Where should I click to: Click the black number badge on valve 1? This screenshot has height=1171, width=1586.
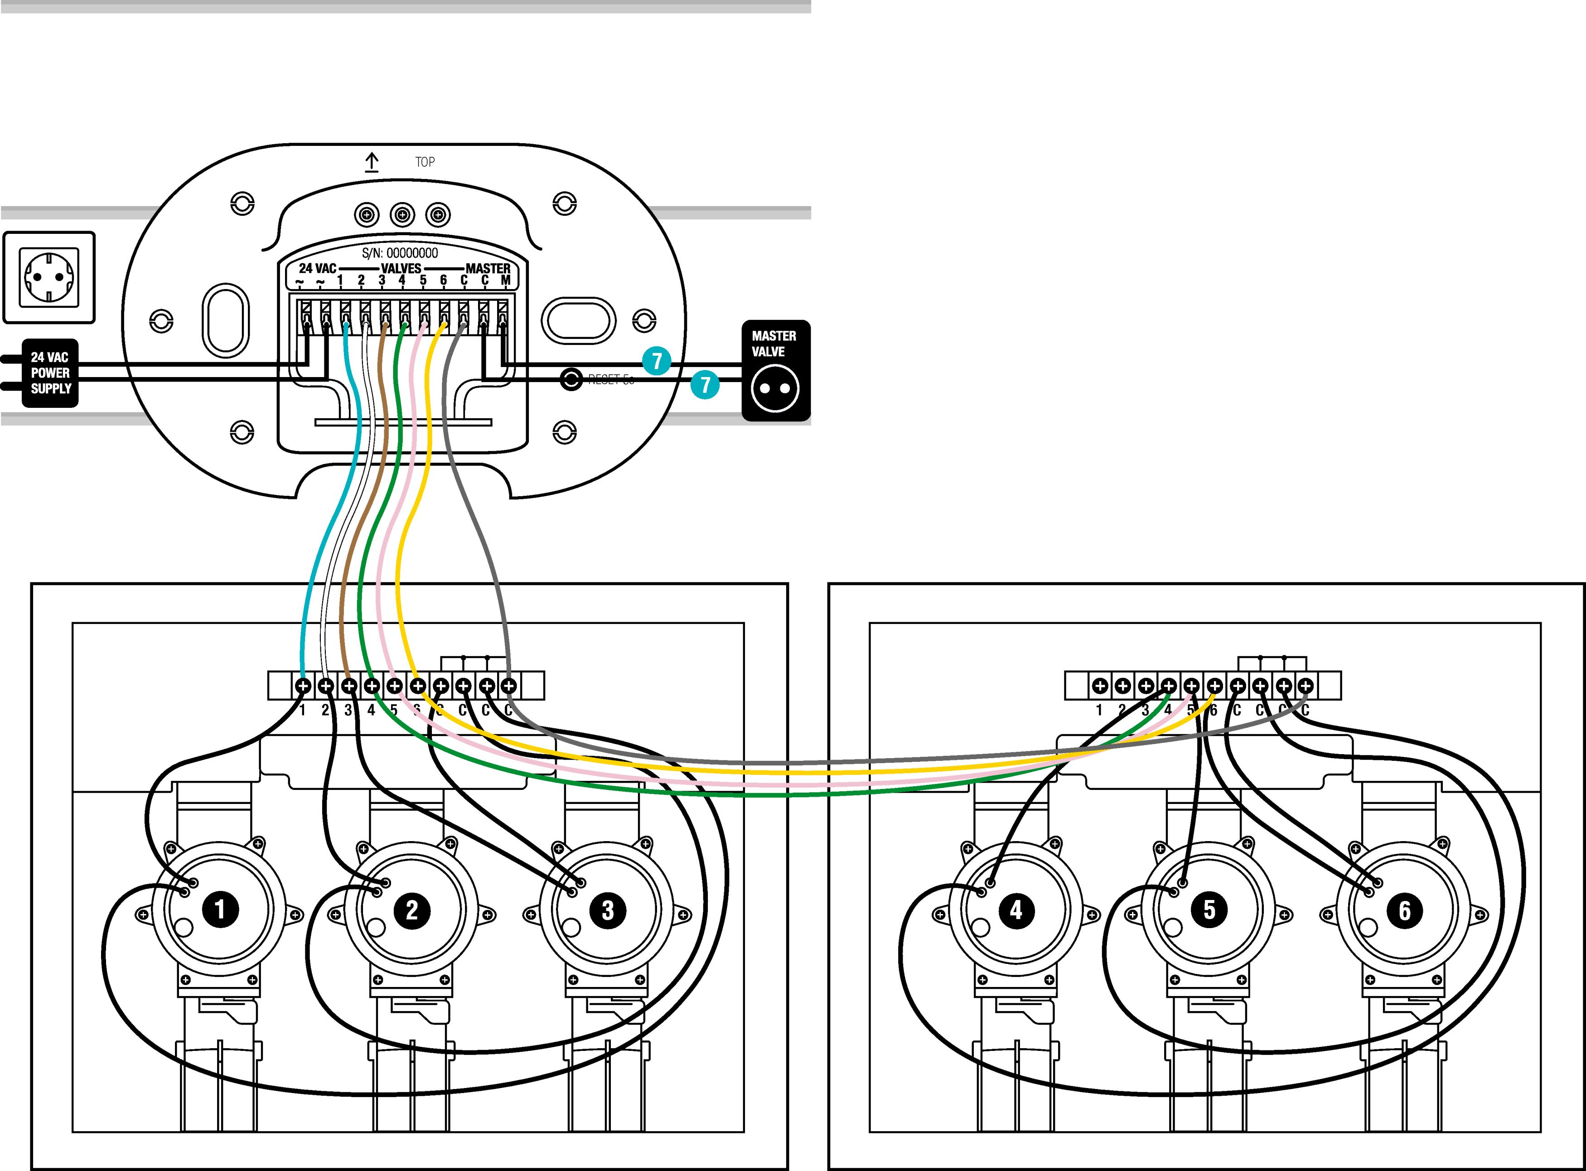220,909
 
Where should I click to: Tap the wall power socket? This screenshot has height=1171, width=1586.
49,277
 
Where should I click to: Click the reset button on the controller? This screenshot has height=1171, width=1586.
571,379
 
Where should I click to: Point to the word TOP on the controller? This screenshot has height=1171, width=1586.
425,162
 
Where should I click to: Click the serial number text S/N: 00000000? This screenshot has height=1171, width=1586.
400,253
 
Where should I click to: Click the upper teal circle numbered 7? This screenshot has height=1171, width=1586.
657,361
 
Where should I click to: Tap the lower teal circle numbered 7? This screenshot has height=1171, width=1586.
705,385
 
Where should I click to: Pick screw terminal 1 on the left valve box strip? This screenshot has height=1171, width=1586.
303,686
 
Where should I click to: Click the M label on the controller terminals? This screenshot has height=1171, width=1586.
505,281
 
